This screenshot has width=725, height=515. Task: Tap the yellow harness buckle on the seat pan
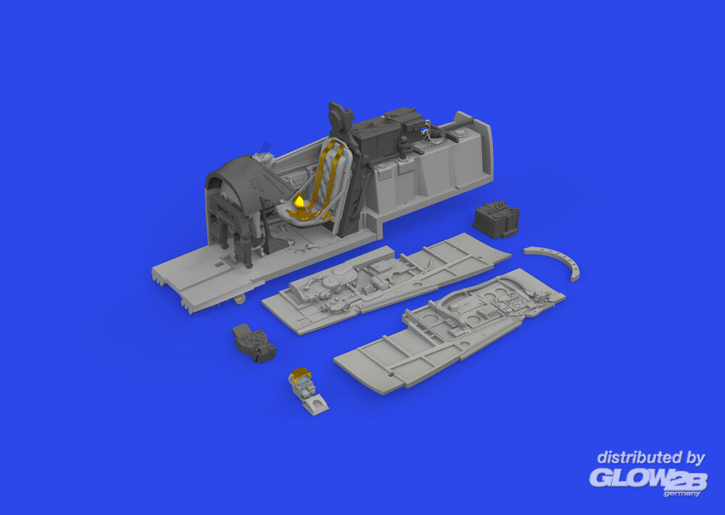click(299, 202)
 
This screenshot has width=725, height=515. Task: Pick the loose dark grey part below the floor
click(254, 343)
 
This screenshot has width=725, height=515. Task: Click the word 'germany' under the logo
click(681, 494)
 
